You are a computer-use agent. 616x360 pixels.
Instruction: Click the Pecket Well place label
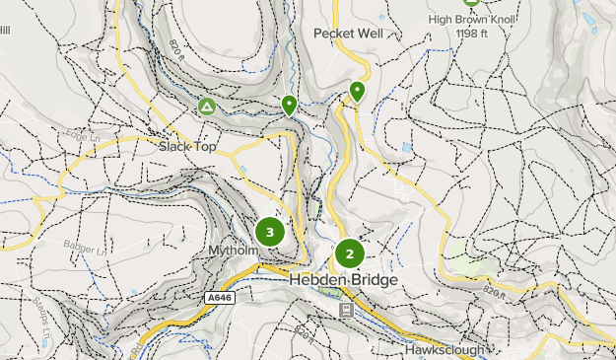348,33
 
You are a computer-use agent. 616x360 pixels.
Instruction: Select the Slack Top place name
187,146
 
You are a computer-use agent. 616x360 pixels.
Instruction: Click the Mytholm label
233,251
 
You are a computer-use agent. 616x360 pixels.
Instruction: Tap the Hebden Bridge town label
344,280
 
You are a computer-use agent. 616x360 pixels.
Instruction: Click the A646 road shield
220,297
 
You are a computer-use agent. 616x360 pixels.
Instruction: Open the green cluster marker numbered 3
269,233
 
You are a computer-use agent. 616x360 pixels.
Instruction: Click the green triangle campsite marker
207,106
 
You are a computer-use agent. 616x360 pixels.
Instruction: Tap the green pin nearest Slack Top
289,105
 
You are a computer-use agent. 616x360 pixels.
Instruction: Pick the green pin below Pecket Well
357,92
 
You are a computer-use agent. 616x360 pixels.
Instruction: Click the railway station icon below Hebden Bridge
346,310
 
